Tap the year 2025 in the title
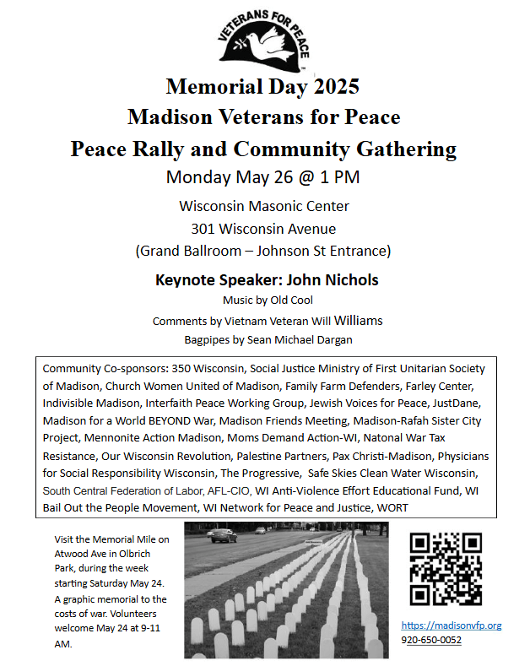pyautogui.click(x=332, y=86)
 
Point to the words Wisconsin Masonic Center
pyautogui.click(x=263, y=206)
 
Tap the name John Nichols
pyautogui.click(x=329, y=279)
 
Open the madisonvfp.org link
pyautogui.click(x=451, y=625)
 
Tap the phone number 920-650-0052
pyautogui.click(x=431, y=640)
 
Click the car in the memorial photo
pyautogui.click(x=222, y=534)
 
